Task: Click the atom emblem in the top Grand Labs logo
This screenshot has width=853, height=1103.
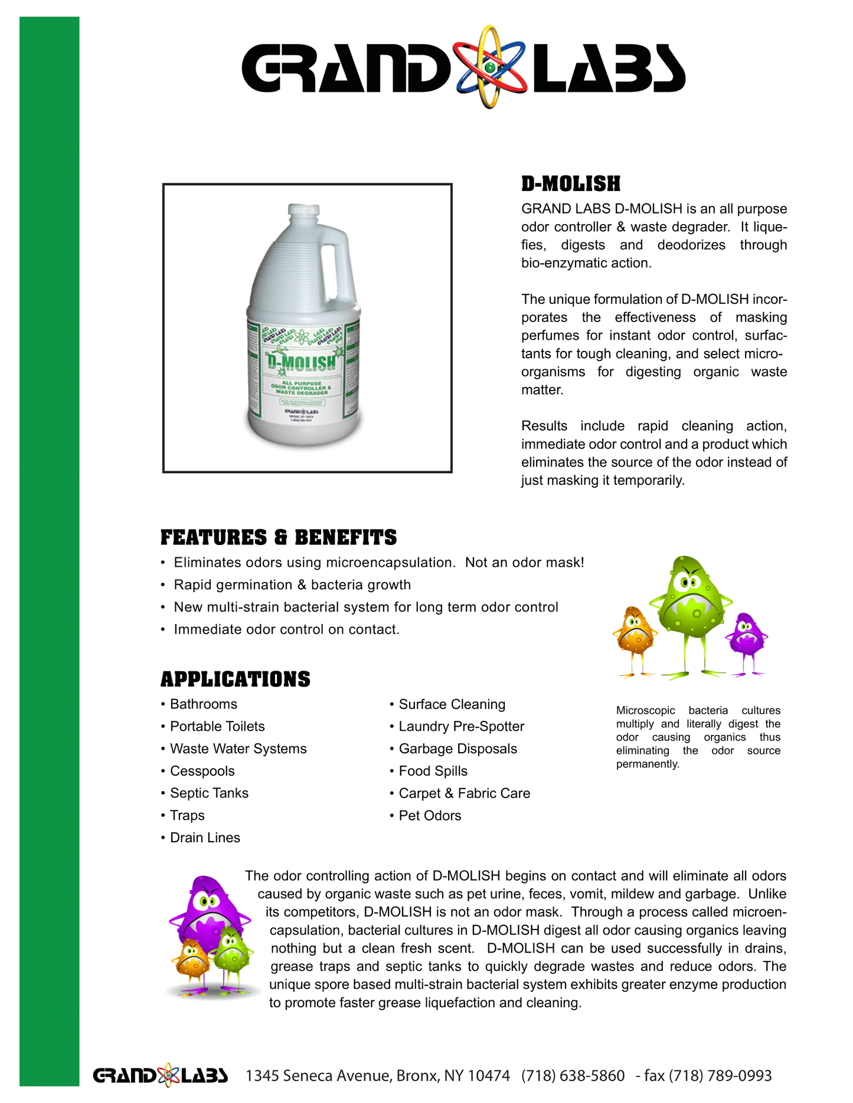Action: (489, 67)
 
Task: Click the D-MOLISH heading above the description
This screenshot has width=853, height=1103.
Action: (570, 184)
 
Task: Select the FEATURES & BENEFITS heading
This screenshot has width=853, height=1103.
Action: (279, 538)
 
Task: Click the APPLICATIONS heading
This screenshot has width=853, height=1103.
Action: (235, 679)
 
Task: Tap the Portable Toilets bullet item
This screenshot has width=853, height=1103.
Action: (217, 727)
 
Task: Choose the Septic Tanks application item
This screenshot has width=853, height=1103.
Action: (209, 793)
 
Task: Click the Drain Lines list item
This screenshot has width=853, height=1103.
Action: (205, 838)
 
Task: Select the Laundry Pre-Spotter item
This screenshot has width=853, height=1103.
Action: (461, 727)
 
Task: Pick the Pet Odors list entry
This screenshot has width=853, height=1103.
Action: (430, 816)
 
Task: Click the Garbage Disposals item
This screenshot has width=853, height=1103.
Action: (457, 749)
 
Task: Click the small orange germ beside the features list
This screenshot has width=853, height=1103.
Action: (634, 632)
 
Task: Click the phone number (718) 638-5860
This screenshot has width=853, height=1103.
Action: (573, 1076)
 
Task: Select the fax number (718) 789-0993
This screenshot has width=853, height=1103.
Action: (720, 1076)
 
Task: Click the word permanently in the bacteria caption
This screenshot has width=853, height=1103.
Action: (647, 764)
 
